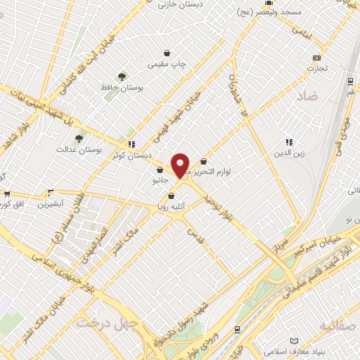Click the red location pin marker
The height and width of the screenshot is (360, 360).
181,165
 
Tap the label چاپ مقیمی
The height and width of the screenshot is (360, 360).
167,64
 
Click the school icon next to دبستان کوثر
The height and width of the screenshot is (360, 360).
132,144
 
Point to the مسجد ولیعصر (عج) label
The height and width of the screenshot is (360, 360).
314,13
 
